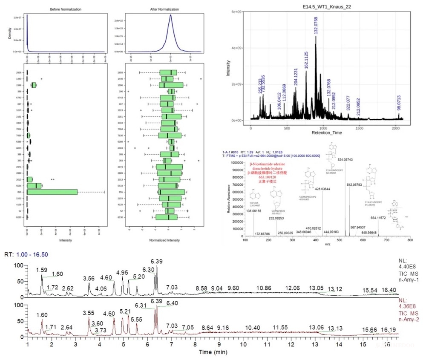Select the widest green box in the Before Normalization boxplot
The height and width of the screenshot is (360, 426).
tap(52, 192)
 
